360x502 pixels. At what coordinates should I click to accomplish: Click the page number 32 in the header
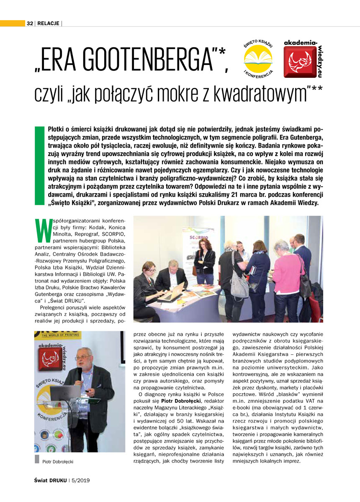(30, 23)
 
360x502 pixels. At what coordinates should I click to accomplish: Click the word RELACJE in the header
(48, 23)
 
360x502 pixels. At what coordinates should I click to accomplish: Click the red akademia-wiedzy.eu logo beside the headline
(300, 61)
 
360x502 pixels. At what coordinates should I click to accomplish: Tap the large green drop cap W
(41, 230)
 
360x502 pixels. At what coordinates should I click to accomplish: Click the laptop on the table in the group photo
(172, 292)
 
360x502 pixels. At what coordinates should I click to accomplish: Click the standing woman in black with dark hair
(205, 261)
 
